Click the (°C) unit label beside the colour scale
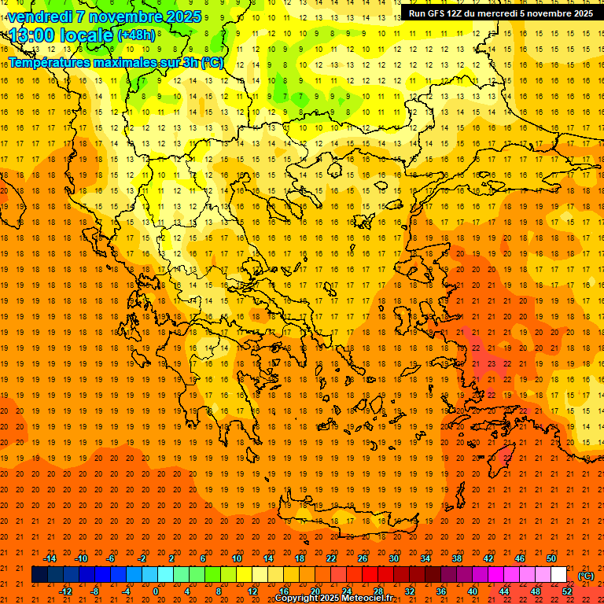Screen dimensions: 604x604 click(x=586, y=576)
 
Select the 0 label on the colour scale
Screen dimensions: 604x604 click(x=156, y=591)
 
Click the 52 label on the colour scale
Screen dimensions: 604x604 click(x=568, y=591)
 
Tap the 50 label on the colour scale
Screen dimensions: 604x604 click(x=551, y=558)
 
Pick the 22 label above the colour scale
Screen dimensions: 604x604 click(x=331, y=558)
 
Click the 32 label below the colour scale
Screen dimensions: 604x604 click(x=410, y=591)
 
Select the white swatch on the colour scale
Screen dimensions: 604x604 click(x=558, y=575)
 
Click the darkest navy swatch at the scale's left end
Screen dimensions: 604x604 click(x=39, y=575)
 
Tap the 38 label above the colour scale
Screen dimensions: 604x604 click(x=457, y=558)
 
